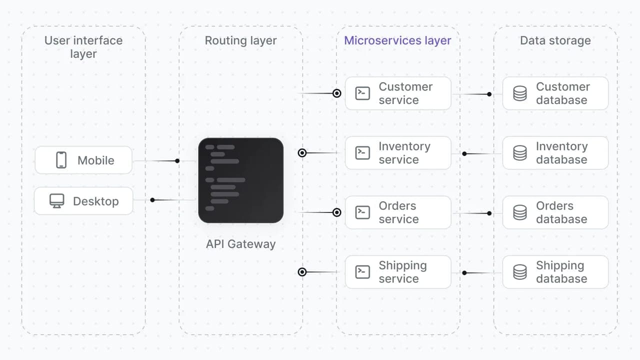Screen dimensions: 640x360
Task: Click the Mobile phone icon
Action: (x=61, y=160)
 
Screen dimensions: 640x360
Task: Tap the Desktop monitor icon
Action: (x=56, y=201)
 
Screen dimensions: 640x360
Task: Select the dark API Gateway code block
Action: (x=241, y=180)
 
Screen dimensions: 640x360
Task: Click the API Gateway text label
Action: (x=241, y=244)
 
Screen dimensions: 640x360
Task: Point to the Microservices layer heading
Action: (x=397, y=40)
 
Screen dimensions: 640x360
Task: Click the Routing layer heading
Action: (x=241, y=40)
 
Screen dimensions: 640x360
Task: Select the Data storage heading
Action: (x=555, y=40)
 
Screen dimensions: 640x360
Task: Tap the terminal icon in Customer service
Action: (x=362, y=93)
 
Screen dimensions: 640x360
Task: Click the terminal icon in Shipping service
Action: (x=362, y=272)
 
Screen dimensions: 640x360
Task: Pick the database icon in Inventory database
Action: (x=520, y=153)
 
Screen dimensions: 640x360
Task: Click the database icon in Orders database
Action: (x=520, y=212)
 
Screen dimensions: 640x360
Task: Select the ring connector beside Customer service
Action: (x=337, y=93)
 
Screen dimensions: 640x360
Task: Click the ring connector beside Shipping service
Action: (x=302, y=272)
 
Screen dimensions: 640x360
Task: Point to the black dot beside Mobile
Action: (x=177, y=161)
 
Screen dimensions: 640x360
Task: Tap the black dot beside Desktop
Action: (x=152, y=200)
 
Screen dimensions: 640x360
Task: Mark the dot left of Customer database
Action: (x=489, y=94)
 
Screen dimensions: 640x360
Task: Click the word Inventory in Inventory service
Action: (x=404, y=146)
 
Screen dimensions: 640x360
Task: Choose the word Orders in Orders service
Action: (x=397, y=205)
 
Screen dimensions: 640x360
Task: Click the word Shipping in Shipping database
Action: (x=560, y=265)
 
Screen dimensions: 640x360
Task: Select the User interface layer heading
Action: (x=83, y=47)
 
